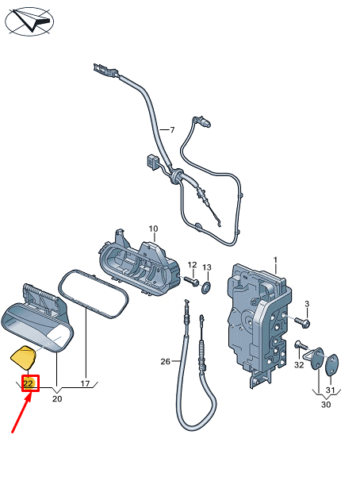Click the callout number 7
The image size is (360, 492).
[x=172, y=129]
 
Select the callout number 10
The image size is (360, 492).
[x=153, y=229]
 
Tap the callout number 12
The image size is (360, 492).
[x=192, y=265]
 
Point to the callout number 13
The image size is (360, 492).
[x=207, y=267]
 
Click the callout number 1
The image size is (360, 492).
[x=275, y=260]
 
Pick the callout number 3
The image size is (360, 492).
[x=307, y=304]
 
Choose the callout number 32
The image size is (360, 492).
[x=299, y=365]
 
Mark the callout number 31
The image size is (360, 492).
[x=330, y=390]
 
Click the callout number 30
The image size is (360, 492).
[x=326, y=405]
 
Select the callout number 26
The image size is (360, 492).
[x=165, y=362]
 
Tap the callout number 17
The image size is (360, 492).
[x=85, y=383]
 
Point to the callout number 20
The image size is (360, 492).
[x=57, y=399]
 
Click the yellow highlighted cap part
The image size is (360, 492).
[x=24, y=357]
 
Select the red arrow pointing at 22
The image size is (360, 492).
[x=21, y=412]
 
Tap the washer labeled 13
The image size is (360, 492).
[x=206, y=287]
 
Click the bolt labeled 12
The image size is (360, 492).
[x=191, y=280]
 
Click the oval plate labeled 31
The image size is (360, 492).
[x=332, y=365]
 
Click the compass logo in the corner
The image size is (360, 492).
[x=29, y=21]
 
